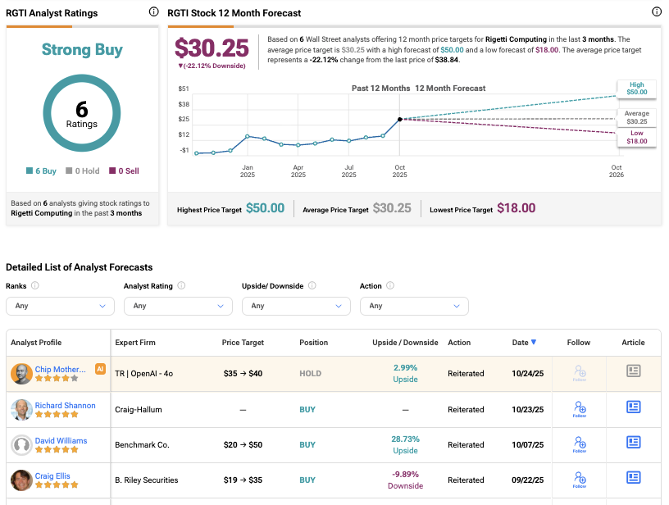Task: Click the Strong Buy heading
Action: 82,50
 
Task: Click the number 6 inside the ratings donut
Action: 82,109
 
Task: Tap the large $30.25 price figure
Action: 212,48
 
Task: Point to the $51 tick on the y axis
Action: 184,88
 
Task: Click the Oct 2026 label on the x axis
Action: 617,170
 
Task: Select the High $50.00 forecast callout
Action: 637,88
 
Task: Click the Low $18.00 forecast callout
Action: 637,138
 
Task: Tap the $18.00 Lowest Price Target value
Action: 516,208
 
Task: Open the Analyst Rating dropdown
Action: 178,306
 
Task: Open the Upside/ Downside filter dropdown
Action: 296,306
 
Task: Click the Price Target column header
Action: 242,343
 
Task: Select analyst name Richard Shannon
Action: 65,406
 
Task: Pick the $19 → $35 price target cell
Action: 242,480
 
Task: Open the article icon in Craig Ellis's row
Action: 633,477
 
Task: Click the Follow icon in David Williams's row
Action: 579,444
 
